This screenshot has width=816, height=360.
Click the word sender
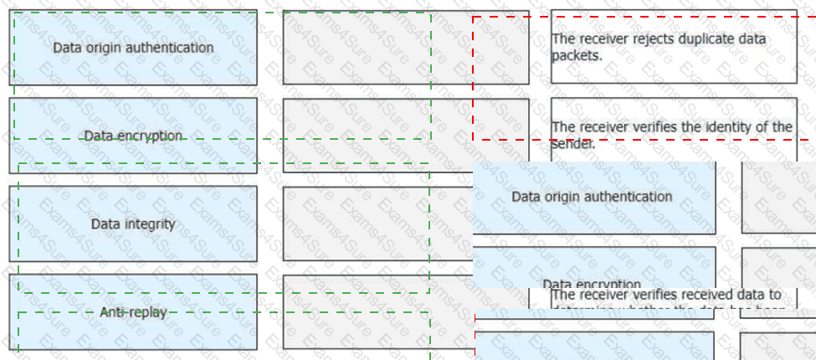tap(572, 143)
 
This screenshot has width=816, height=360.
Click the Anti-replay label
tap(133, 312)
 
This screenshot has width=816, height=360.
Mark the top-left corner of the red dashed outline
tap(473, 17)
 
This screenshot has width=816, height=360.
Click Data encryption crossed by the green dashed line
tap(133, 136)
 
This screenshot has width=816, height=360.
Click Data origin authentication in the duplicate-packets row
tap(133, 48)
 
